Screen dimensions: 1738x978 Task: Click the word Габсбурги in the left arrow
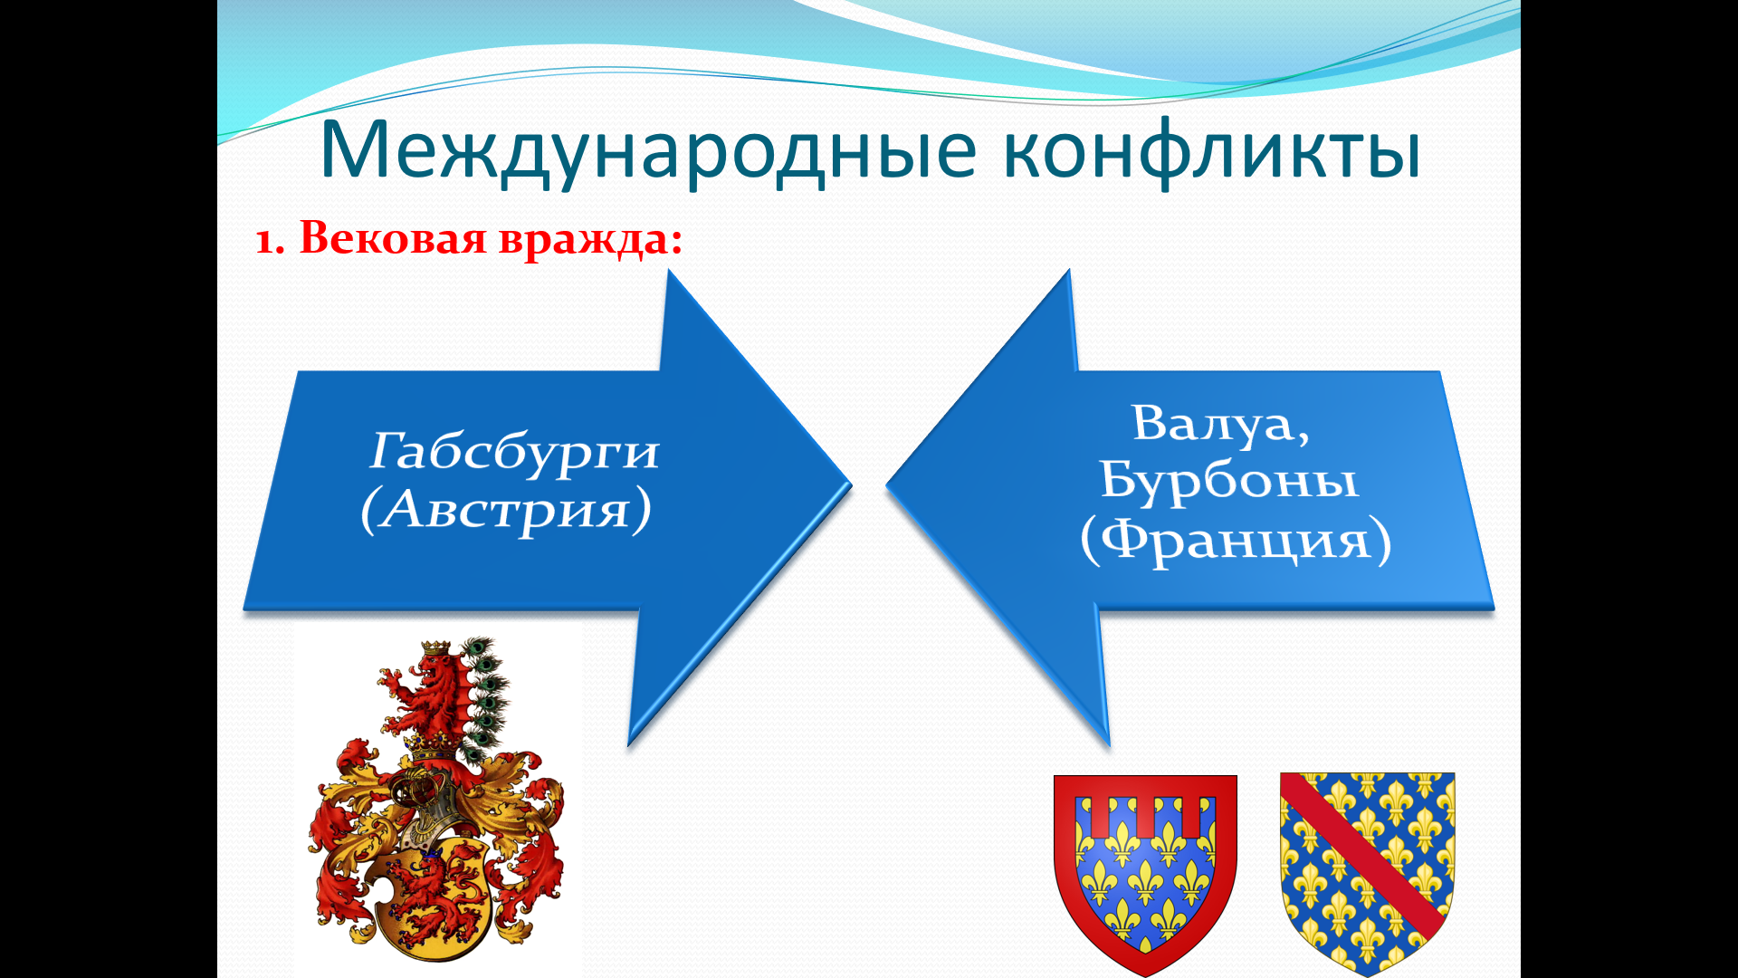[514, 452]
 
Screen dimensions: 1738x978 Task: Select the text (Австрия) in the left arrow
[506, 511]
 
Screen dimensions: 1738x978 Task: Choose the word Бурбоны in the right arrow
[1229, 480]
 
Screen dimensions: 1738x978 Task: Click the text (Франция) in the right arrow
[1236, 541]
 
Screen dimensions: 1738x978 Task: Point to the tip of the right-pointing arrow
[851, 484]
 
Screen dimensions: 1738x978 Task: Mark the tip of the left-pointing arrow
[887, 484]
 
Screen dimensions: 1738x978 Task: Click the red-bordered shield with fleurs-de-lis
[1145, 874]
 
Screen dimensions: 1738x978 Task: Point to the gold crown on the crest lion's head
[437, 648]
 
